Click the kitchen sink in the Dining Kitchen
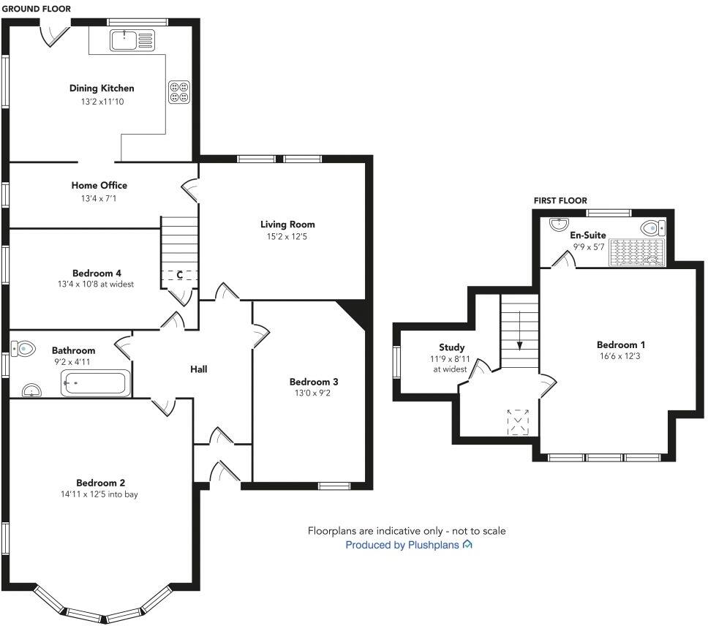tap(132, 40)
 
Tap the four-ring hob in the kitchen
tap(180, 91)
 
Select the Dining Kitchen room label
tap(102, 88)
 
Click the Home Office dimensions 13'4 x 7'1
tap(99, 198)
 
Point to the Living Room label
tap(287, 225)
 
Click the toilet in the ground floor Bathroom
tap(24, 348)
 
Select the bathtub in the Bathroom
tap(95, 382)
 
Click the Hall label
tap(198, 369)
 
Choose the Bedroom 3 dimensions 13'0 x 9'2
tap(314, 393)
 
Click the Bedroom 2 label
tap(101, 483)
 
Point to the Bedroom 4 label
tap(97, 273)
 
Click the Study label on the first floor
tap(451, 347)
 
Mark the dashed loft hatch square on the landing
tap(519, 423)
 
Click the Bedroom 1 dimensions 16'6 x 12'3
tap(620, 357)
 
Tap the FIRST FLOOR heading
tap(560, 200)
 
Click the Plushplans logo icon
tap(468, 545)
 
